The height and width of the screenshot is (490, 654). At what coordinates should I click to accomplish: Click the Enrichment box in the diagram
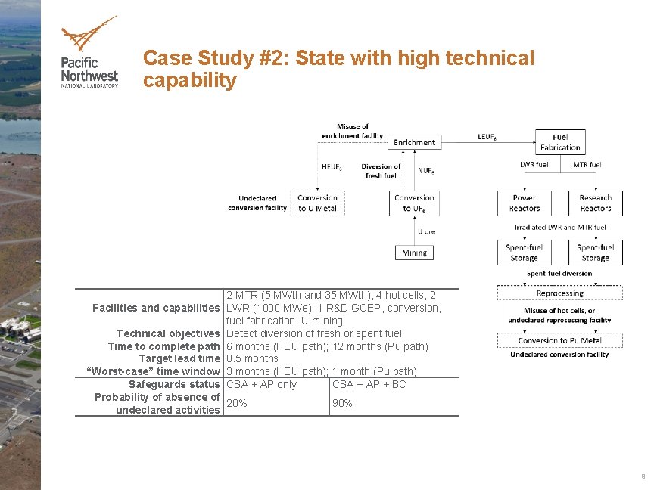click(x=414, y=142)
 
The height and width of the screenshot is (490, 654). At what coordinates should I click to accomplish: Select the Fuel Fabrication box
click(x=560, y=143)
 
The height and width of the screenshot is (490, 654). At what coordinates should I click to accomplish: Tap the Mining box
click(x=414, y=253)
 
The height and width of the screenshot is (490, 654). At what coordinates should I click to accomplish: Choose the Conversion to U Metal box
click(x=317, y=203)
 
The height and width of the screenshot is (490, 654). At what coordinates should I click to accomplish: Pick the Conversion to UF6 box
click(x=414, y=203)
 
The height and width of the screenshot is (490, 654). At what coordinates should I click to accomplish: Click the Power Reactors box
click(x=524, y=203)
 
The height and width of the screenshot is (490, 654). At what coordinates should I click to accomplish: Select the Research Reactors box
click(x=595, y=203)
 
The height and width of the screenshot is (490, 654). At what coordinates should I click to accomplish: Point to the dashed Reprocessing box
click(x=559, y=293)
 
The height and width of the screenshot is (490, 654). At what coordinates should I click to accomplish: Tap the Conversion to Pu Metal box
click(x=559, y=340)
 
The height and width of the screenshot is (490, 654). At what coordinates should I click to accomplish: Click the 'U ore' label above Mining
click(x=426, y=231)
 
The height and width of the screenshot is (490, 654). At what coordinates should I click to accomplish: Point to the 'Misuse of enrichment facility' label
click(x=352, y=131)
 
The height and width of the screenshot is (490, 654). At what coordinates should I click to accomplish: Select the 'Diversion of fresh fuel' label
click(x=381, y=171)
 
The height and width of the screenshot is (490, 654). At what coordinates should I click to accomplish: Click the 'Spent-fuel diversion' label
click(x=559, y=274)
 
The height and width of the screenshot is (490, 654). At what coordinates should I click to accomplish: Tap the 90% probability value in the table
click(x=342, y=404)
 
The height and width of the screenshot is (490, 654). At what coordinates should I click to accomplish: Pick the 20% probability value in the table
click(x=237, y=404)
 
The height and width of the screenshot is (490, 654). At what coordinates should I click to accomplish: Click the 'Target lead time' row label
click(x=179, y=359)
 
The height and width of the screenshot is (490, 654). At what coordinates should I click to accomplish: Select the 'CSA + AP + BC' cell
click(x=369, y=385)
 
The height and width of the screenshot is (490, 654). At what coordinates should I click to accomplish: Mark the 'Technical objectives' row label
click(x=167, y=333)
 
